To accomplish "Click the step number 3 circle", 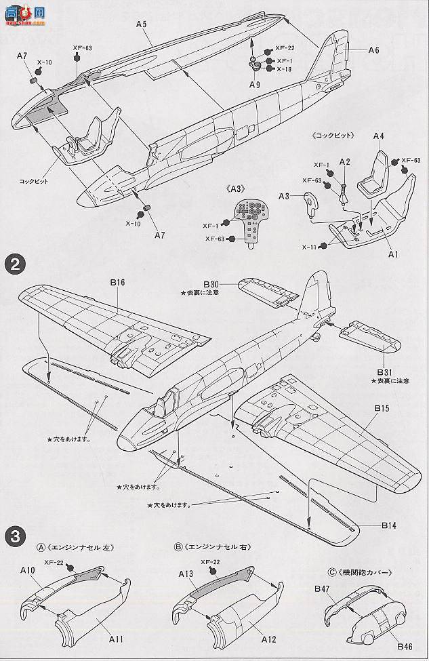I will coord(13,535).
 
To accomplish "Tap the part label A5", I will coord(141,24).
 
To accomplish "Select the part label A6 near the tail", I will coord(373,50).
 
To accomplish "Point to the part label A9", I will coord(254,85).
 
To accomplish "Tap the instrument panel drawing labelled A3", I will coord(253,219).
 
